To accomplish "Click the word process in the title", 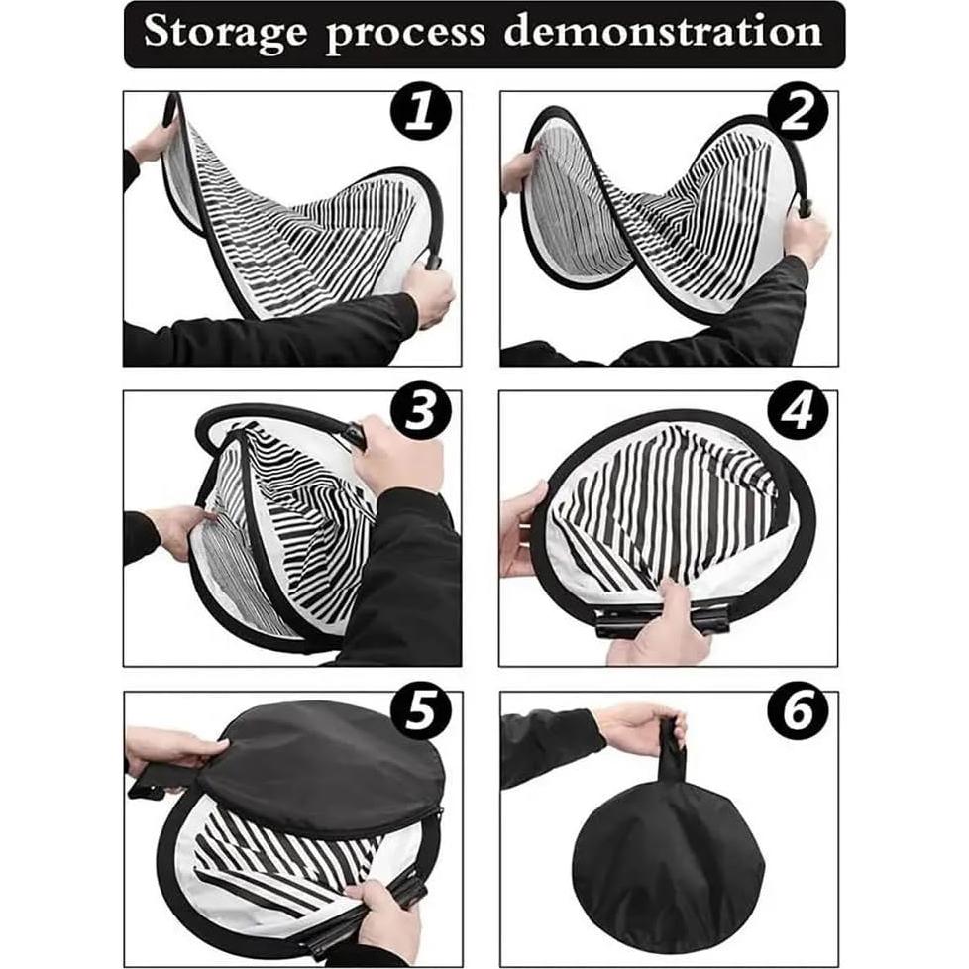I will [x=405, y=33].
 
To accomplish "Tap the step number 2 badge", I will [x=798, y=114].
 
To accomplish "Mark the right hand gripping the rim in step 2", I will [x=806, y=238].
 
